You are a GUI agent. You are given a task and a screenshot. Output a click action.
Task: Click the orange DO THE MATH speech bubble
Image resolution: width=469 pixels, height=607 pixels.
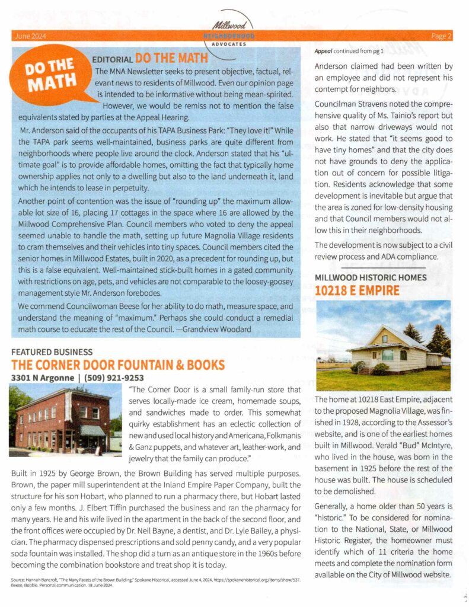point(50,75)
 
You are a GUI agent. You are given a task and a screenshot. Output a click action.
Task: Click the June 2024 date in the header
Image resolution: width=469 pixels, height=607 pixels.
point(27,36)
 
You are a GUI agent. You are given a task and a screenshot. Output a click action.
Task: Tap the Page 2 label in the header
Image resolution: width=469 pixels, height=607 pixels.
point(441,36)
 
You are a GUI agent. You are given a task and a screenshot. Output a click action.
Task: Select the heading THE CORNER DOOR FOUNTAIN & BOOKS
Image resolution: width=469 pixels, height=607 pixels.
point(118,364)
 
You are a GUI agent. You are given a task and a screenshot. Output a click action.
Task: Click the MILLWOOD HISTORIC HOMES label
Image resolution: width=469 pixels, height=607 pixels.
point(370,277)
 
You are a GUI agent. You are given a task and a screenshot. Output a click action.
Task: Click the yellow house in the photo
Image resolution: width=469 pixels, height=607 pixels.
point(388,350)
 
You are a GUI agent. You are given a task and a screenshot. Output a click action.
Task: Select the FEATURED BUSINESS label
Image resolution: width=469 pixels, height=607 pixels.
point(52,352)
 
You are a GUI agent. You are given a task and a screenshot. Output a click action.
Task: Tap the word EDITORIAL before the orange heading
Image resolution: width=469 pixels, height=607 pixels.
point(112,59)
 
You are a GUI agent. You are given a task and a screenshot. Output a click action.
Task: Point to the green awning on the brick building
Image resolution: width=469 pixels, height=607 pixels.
point(94,430)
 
